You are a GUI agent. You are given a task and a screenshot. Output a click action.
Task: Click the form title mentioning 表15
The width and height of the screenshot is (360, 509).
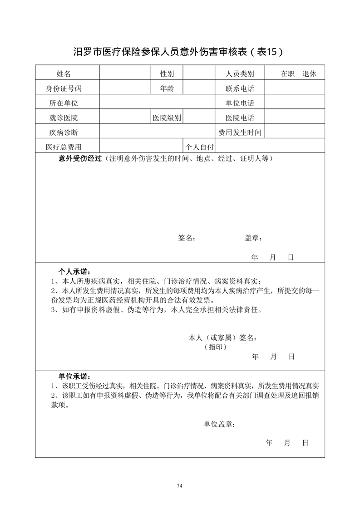pos(179,51)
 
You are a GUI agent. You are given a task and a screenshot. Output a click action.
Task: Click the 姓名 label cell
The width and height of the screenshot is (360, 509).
pos(64,73)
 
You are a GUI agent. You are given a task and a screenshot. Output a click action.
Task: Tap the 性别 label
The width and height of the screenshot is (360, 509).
pos(167,73)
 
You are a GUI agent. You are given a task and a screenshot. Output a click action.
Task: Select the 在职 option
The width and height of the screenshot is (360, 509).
pos(288,73)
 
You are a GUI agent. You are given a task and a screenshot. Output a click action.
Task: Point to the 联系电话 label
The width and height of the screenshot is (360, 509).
pos(240,88)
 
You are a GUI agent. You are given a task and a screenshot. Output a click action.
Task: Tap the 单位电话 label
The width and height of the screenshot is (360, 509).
pos(240,103)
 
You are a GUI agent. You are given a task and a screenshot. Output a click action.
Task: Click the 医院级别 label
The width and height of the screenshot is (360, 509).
pos(167,118)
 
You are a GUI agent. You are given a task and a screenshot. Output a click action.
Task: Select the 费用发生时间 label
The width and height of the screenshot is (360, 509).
pos(240,132)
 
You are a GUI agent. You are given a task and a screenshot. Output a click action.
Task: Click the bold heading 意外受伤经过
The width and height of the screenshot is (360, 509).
pos(80,158)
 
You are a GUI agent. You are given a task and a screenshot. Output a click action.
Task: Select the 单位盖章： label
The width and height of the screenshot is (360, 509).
pos(219,424)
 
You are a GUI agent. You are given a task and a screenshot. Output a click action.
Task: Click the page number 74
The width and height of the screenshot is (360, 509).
pos(180,486)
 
